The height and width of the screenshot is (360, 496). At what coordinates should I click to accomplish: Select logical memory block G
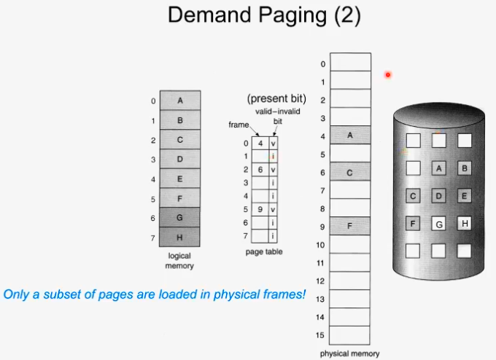pos(180,218)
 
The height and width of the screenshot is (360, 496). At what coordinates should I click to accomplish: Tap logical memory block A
pos(180,101)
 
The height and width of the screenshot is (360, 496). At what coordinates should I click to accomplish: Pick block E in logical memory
pos(180,179)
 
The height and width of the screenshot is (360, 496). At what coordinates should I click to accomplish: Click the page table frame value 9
pos(260,210)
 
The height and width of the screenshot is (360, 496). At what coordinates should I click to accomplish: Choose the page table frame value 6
pos(260,170)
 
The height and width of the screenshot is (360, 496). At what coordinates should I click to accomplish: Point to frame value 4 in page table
pos(260,144)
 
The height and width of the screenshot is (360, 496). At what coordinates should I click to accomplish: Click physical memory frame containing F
pos(350,226)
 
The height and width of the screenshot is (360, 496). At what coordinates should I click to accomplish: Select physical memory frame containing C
pos(350,172)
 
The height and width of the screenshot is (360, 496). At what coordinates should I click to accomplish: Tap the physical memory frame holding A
pos(350,135)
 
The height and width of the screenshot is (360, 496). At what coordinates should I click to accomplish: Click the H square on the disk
pos(464,224)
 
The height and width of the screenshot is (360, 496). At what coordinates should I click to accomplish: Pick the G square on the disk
pos(439,224)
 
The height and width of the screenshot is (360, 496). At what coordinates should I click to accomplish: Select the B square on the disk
pos(464,168)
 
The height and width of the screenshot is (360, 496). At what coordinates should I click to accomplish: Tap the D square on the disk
pos(439,196)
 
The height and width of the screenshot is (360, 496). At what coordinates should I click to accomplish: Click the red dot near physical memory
pos(388,74)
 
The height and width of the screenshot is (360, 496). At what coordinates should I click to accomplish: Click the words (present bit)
pos(276,98)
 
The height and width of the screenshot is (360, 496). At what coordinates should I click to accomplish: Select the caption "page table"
pos(264,252)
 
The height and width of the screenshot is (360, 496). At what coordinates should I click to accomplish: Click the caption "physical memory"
pos(350,354)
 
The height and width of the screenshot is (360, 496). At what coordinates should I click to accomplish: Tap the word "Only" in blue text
pos(16,295)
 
